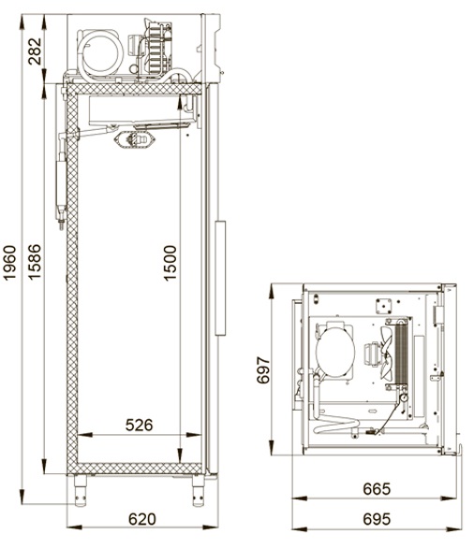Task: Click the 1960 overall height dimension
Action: click(9, 262)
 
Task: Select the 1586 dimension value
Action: click(35, 262)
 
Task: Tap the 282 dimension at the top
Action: click(35, 51)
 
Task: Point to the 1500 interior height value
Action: click(170, 263)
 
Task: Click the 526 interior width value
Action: click(140, 425)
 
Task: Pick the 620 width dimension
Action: click(142, 519)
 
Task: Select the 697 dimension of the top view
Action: click(263, 370)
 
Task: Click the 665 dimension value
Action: click(377, 489)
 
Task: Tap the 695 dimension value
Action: click(377, 519)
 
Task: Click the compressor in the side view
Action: click(100, 54)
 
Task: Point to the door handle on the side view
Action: click(220, 278)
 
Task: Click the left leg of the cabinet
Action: click(81, 490)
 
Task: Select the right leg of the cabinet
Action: click(199, 490)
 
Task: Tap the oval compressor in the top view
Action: click(334, 349)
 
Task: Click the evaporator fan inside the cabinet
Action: click(135, 139)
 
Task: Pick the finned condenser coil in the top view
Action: click(402, 354)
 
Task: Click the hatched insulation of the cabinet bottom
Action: click(140, 469)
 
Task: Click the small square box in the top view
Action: click(383, 306)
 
